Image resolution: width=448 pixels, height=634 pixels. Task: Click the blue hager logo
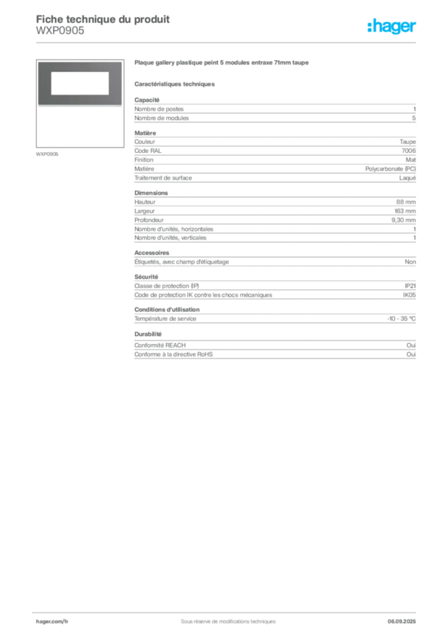click(392, 27)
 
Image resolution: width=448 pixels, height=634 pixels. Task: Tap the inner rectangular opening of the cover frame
click(78, 84)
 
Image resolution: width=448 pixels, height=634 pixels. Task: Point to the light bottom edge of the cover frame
click(78, 106)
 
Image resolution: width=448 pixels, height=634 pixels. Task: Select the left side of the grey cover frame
click(44, 84)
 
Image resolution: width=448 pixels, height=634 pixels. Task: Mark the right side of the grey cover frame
click(113, 84)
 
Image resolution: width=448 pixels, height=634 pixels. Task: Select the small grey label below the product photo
click(47, 154)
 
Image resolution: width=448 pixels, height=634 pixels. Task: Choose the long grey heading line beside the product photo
click(222, 64)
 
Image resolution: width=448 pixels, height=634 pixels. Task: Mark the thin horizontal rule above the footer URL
click(227, 610)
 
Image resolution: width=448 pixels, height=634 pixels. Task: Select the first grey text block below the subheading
click(274, 110)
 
